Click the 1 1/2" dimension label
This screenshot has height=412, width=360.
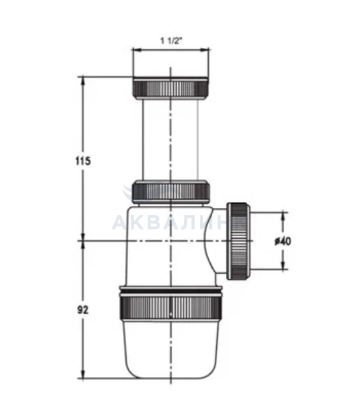click(x=171, y=41)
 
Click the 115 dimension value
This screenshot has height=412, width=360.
click(x=83, y=161)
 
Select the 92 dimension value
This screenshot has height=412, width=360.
click(x=83, y=310)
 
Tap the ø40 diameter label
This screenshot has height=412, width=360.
click(x=283, y=241)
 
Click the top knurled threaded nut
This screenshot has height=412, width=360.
click(x=171, y=88)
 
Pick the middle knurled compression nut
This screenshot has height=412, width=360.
click(x=171, y=192)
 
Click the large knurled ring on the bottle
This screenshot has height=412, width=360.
click(x=171, y=308)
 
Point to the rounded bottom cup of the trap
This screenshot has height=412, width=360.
click(x=171, y=350)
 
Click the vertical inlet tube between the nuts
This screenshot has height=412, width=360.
click(x=170, y=139)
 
